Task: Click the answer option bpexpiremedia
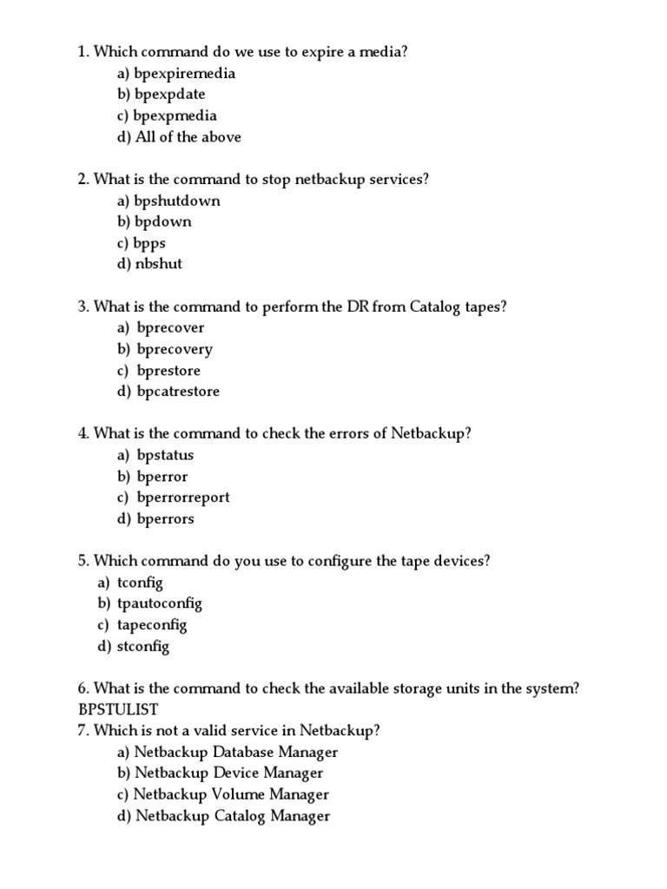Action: click(x=184, y=74)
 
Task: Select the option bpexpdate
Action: click(x=170, y=95)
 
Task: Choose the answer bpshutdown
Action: click(x=177, y=201)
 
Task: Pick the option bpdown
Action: click(x=163, y=221)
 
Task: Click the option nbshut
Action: click(x=159, y=264)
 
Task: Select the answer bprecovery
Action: click(x=175, y=349)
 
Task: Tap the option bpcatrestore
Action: click(x=178, y=392)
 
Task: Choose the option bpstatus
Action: click(x=166, y=455)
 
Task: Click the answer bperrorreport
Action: click(x=183, y=497)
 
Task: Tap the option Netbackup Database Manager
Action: click(x=236, y=752)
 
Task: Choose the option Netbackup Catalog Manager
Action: click(x=233, y=815)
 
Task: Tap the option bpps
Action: click(x=150, y=243)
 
